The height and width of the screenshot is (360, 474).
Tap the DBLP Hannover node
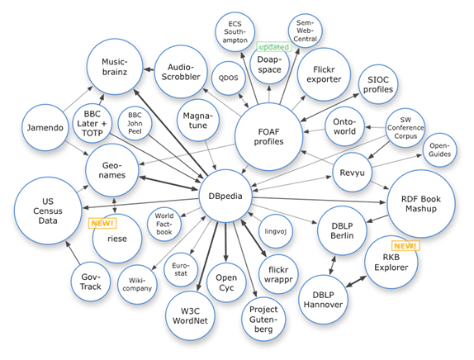pos(317,297)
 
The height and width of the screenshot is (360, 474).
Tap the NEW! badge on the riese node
pos(102,223)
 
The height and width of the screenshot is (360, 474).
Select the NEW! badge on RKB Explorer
pos(405,245)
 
